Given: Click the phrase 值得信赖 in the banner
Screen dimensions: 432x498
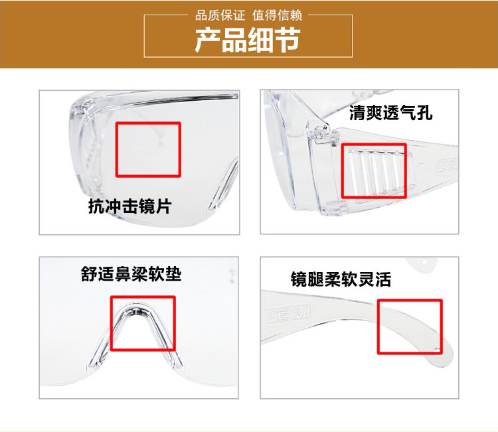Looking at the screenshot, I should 278,15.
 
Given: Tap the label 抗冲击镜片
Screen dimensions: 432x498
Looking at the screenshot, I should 129,206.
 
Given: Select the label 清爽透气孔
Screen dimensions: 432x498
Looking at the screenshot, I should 391,113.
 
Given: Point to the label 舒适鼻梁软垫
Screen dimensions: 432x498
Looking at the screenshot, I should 131,274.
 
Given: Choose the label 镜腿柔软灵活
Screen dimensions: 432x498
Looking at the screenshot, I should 341,279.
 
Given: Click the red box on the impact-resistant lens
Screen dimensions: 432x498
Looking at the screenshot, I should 149,149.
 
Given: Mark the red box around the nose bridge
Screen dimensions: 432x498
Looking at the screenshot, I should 142,323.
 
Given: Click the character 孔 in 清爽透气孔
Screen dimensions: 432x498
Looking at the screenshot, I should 425,113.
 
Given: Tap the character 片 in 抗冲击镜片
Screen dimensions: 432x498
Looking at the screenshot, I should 163,206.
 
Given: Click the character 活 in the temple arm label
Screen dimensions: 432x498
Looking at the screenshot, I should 382,279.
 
